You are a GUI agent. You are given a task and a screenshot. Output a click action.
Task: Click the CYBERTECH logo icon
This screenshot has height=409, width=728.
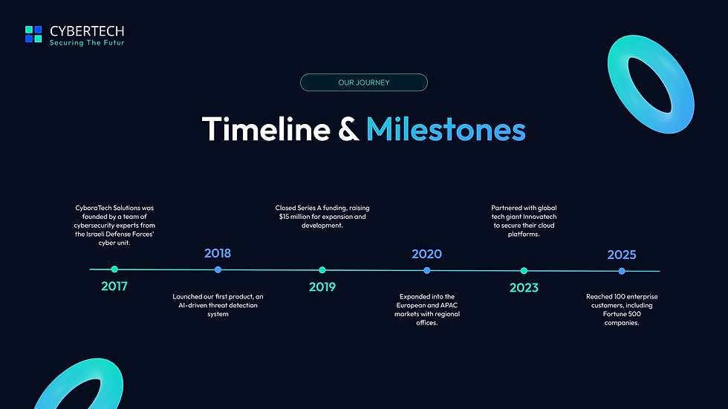coord(33,34)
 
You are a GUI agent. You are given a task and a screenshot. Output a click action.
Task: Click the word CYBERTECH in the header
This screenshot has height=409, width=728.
coord(87,31)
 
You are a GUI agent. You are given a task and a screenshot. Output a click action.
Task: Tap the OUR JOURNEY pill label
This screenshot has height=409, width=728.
coord(363,82)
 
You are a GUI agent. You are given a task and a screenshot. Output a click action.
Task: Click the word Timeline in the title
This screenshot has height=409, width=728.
coord(266,129)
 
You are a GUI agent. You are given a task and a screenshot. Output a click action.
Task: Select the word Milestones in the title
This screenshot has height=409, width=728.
coord(446,129)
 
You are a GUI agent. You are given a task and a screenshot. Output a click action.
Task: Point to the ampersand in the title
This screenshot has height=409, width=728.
coord(348,130)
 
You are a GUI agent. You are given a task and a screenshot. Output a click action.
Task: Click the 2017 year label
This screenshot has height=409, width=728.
coord(114,286)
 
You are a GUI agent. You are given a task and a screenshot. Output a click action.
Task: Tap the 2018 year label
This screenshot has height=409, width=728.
coord(218,253)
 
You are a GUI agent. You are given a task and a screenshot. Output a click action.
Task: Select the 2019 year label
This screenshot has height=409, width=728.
coord(322,287)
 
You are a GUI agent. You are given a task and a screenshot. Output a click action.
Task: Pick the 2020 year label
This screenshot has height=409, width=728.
coord(426,254)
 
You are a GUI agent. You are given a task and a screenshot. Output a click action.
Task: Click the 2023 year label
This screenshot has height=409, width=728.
coord(524,288)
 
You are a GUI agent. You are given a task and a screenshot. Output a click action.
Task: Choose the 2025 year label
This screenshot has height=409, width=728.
coord(622,255)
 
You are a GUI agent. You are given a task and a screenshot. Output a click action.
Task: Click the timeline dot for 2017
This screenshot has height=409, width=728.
coord(114,269)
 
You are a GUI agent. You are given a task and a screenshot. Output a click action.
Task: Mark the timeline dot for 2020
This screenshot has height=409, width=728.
coord(426,270)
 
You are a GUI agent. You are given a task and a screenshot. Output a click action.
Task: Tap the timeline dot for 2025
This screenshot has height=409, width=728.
coord(622,271)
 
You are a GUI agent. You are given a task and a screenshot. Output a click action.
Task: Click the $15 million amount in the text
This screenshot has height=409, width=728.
coord(292,217)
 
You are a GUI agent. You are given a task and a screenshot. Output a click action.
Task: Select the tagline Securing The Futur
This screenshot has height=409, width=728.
coord(87,43)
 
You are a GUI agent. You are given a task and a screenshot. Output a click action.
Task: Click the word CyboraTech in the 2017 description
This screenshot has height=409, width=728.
coord(93,208)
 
